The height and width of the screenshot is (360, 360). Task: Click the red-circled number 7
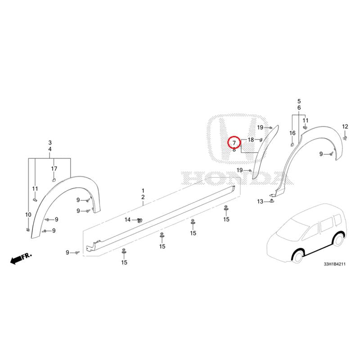pyautogui.click(x=234, y=143)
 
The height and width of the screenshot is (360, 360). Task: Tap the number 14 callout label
pyautogui.click(x=128, y=220)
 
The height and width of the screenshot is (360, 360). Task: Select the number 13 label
pyautogui.click(x=260, y=201)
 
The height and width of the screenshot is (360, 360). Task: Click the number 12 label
pyautogui.click(x=345, y=126)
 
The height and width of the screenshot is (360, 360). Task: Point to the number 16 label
pyautogui.click(x=292, y=133)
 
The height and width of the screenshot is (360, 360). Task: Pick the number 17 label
pyautogui.click(x=54, y=169)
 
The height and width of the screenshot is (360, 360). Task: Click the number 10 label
pyautogui.click(x=28, y=215)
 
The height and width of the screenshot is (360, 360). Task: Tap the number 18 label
pyautogui.click(x=251, y=139)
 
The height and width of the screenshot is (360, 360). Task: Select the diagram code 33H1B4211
pyautogui.click(x=334, y=264)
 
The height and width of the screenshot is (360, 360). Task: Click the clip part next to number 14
pyautogui.click(x=139, y=220)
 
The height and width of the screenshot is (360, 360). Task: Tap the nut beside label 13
pyautogui.click(x=272, y=201)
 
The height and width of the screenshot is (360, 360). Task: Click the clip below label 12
pyautogui.click(x=345, y=138)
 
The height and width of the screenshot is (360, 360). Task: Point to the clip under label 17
pyautogui.click(x=54, y=180)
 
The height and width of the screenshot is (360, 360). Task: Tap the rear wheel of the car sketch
pyautogui.click(x=338, y=240)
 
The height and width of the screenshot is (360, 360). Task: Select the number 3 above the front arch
pyautogui.click(x=50, y=143)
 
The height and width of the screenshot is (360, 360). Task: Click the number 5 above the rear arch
pyautogui.click(x=299, y=101)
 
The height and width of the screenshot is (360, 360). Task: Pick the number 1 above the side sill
pyautogui.click(x=143, y=190)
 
